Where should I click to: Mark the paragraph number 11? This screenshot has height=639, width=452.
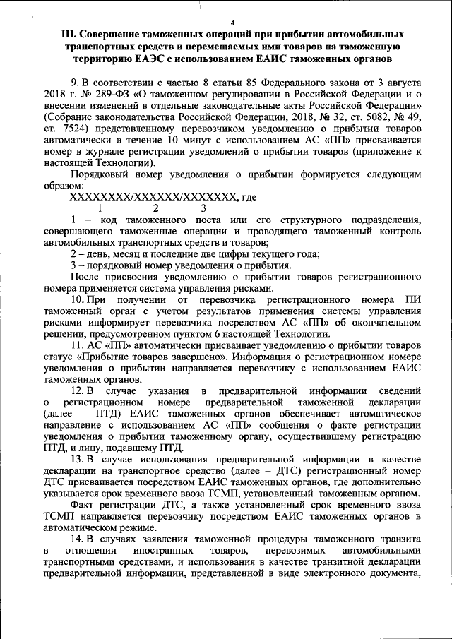click(x=78, y=345)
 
